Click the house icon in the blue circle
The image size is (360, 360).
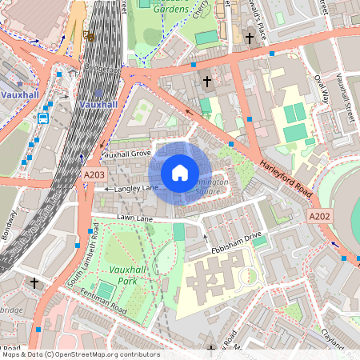(x=180, y=172)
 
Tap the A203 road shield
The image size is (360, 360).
(x=94, y=173)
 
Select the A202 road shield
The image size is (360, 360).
(x=318, y=216)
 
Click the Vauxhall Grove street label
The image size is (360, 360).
(x=126, y=153)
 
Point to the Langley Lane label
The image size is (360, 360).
(x=137, y=188)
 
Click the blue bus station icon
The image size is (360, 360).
(x=42, y=118)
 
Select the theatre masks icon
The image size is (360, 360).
(x=87, y=35)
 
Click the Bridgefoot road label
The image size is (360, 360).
(x=100, y=69)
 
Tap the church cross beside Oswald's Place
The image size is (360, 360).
(x=249, y=38)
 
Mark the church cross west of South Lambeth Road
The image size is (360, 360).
(x=34, y=282)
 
